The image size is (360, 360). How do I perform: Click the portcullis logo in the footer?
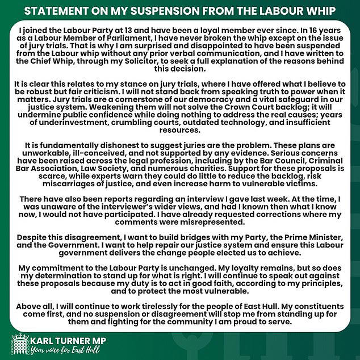(x=20, y=345)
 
